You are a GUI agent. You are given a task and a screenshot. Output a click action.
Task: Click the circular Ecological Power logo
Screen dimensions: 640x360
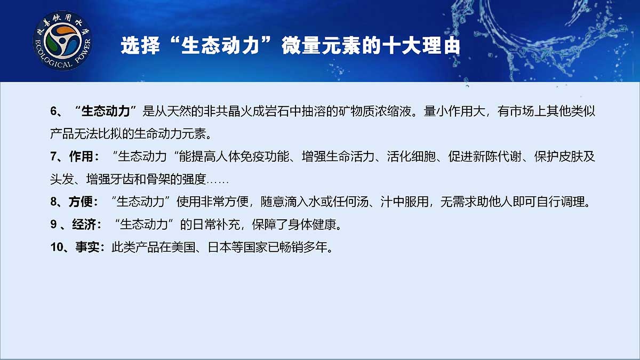62,41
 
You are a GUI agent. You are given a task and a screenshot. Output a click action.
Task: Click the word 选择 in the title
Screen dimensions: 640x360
140,45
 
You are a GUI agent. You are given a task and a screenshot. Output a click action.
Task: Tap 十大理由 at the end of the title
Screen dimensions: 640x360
421,45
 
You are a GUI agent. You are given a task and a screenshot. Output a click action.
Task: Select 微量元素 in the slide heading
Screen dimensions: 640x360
321,45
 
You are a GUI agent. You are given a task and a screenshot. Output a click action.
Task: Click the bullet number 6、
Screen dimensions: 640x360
57,111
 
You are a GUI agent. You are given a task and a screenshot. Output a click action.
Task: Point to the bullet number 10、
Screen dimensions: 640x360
59,247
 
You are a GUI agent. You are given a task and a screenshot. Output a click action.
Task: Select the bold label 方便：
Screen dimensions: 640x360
83,202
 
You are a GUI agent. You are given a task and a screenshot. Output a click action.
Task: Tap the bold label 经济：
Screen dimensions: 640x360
87,225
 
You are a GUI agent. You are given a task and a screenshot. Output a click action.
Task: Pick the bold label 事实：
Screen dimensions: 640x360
90,247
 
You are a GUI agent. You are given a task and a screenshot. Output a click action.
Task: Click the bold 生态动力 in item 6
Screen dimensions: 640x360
106,111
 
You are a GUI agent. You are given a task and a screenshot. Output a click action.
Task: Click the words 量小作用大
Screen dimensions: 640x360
454,111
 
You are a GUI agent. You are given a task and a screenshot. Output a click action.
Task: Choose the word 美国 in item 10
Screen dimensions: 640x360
183,247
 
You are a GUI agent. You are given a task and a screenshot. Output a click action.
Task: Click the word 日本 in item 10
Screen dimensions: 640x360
219,247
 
